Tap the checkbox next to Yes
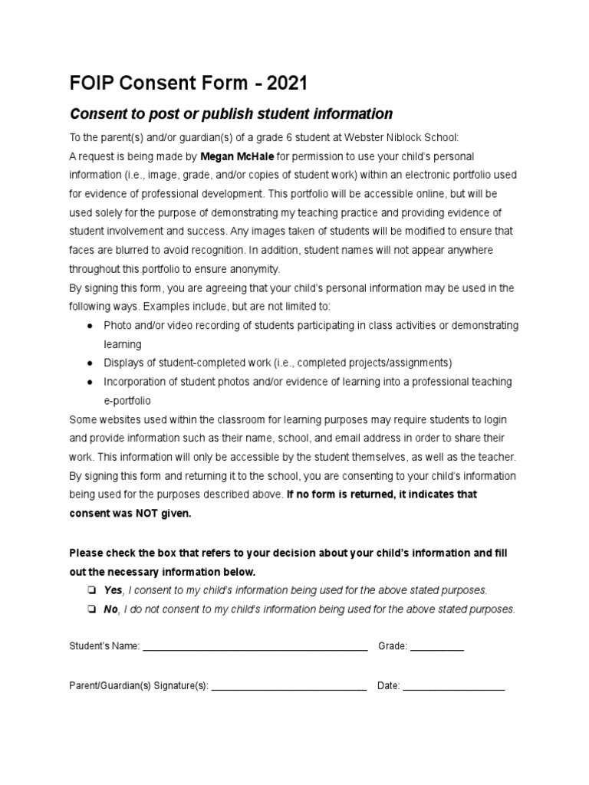90,590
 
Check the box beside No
90,609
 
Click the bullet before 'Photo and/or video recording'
90,326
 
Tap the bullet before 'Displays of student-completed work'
90,363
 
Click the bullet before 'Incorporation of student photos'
90,382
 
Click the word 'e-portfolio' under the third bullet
127,400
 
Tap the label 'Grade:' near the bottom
392,647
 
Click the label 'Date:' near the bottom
388,687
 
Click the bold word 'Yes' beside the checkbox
113,590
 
